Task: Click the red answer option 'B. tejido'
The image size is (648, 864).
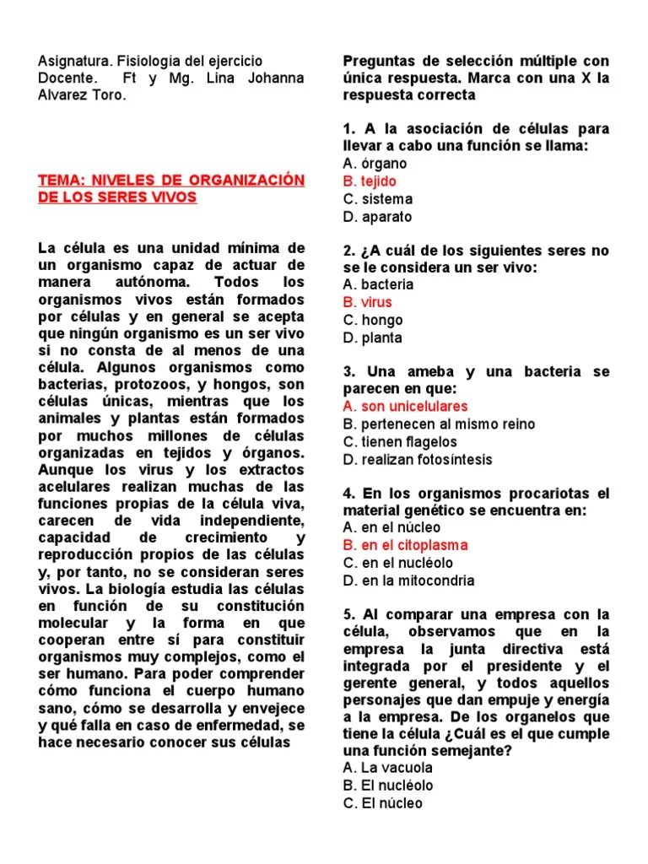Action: pos(370,181)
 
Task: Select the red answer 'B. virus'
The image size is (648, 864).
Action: pos(368,302)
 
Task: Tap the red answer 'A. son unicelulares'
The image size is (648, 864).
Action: pos(405,407)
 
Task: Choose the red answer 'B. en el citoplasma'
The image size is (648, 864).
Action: pos(405,545)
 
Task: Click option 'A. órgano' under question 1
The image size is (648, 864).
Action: pos(375,164)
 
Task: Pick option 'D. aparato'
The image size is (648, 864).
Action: pos(377,217)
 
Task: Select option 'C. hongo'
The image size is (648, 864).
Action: pos(373,320)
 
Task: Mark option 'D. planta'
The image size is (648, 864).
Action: pos(373,338)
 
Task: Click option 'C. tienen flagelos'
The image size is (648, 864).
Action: pos(400,442)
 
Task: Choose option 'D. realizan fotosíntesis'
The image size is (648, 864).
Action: pos(418,460)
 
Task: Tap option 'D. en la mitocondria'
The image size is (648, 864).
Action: pos(408,580)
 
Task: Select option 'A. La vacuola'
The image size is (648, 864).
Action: pos(388,768)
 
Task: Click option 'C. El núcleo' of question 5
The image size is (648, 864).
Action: pos(383,803)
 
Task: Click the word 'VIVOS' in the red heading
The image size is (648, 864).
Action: pos(168,197)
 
